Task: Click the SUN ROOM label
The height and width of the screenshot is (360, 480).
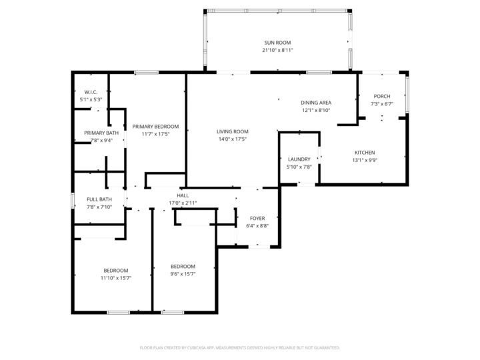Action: click(x=277, y=43)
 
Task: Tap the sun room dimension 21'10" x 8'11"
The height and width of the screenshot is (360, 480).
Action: click(x=277, y=50)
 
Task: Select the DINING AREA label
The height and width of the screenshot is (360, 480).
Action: click(x=316, y=103)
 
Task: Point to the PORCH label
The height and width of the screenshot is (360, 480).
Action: click(x=382, y=97)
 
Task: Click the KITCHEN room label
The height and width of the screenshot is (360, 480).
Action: click(x=364, y=153)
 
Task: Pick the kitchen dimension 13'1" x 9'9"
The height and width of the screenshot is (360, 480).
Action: click(x=364, y=160)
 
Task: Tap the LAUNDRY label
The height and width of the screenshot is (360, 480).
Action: click(x=299, y=159)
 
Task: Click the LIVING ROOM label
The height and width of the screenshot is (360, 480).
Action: click(x=233, y=131)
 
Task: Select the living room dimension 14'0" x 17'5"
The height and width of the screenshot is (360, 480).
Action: click(x=233, y=139)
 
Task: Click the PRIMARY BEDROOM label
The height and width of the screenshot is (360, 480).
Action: click(x=155, y=126)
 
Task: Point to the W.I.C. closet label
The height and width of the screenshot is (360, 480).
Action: click(x=91, y=92)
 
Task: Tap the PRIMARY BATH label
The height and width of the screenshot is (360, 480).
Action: click(x=101, y=133)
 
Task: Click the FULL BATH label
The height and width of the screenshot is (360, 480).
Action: click(x=99, y=199)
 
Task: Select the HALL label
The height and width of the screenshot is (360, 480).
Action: click(x=183, y=195)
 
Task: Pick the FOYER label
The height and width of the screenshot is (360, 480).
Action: click(x=257, y=218)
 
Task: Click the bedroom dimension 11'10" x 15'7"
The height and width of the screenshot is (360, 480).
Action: click(x=115, y=277)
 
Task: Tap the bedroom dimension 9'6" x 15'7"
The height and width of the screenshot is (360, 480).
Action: click(x=183, y=273)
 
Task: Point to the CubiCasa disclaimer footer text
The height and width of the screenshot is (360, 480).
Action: click(x=240, y=347)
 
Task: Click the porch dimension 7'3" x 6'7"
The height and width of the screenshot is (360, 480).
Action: click(x=382, y=104)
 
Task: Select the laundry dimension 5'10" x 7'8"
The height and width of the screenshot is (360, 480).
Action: click(x=299, y=167)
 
